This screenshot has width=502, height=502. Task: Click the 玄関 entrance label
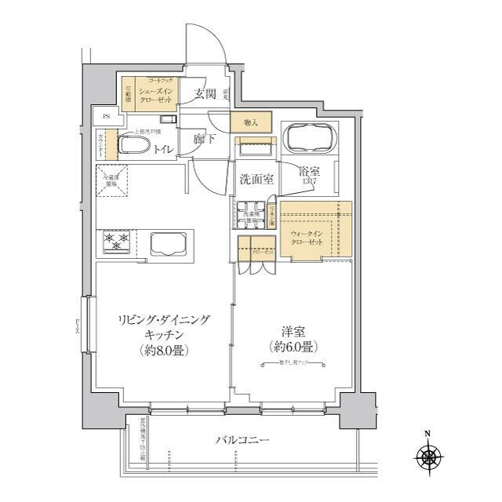[x=206, y=95]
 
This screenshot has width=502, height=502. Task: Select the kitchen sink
[x=166, y=243]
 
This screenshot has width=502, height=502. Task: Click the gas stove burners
[x=115, y=242]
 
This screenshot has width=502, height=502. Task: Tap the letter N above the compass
[x=427, y=433]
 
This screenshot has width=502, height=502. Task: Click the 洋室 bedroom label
[x=293, y=330]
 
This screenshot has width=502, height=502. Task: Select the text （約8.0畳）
[x=165, y=350]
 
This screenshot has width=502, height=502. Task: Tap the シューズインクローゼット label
[x=156, y=96]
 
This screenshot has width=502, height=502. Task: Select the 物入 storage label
[x=250, y=122]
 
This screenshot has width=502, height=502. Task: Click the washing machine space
[x=251, y=214]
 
